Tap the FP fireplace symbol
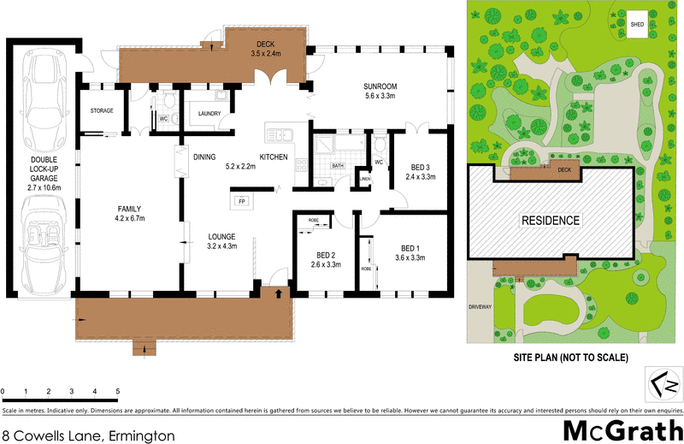click(x=241, y=202)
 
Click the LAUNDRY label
click(x=209, y=113)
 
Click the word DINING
click(x=203, y=157)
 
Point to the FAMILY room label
click(x=129, y=209)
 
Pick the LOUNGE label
click(x=221, y=236)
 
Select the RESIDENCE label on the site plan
click(x=551, y=220)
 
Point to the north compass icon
click(x=662, y=381)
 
